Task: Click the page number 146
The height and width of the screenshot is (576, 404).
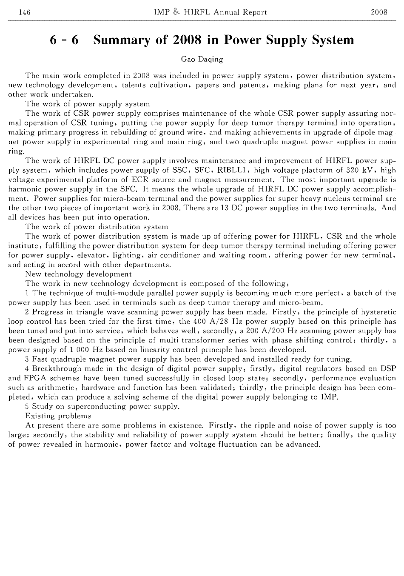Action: pos(25,12)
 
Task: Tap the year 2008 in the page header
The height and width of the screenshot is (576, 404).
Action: pos(379,12)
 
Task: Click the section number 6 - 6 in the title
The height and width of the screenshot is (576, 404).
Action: pos(64,40)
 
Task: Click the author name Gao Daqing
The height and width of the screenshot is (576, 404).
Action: pos(202,60)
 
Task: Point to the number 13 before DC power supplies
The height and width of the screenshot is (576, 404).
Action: pos(225,208)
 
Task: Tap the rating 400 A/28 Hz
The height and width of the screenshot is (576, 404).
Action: pos(218,322)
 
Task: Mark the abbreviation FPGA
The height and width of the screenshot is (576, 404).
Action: pos(36,378)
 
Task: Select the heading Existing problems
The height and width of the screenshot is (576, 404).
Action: pos(58,416)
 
